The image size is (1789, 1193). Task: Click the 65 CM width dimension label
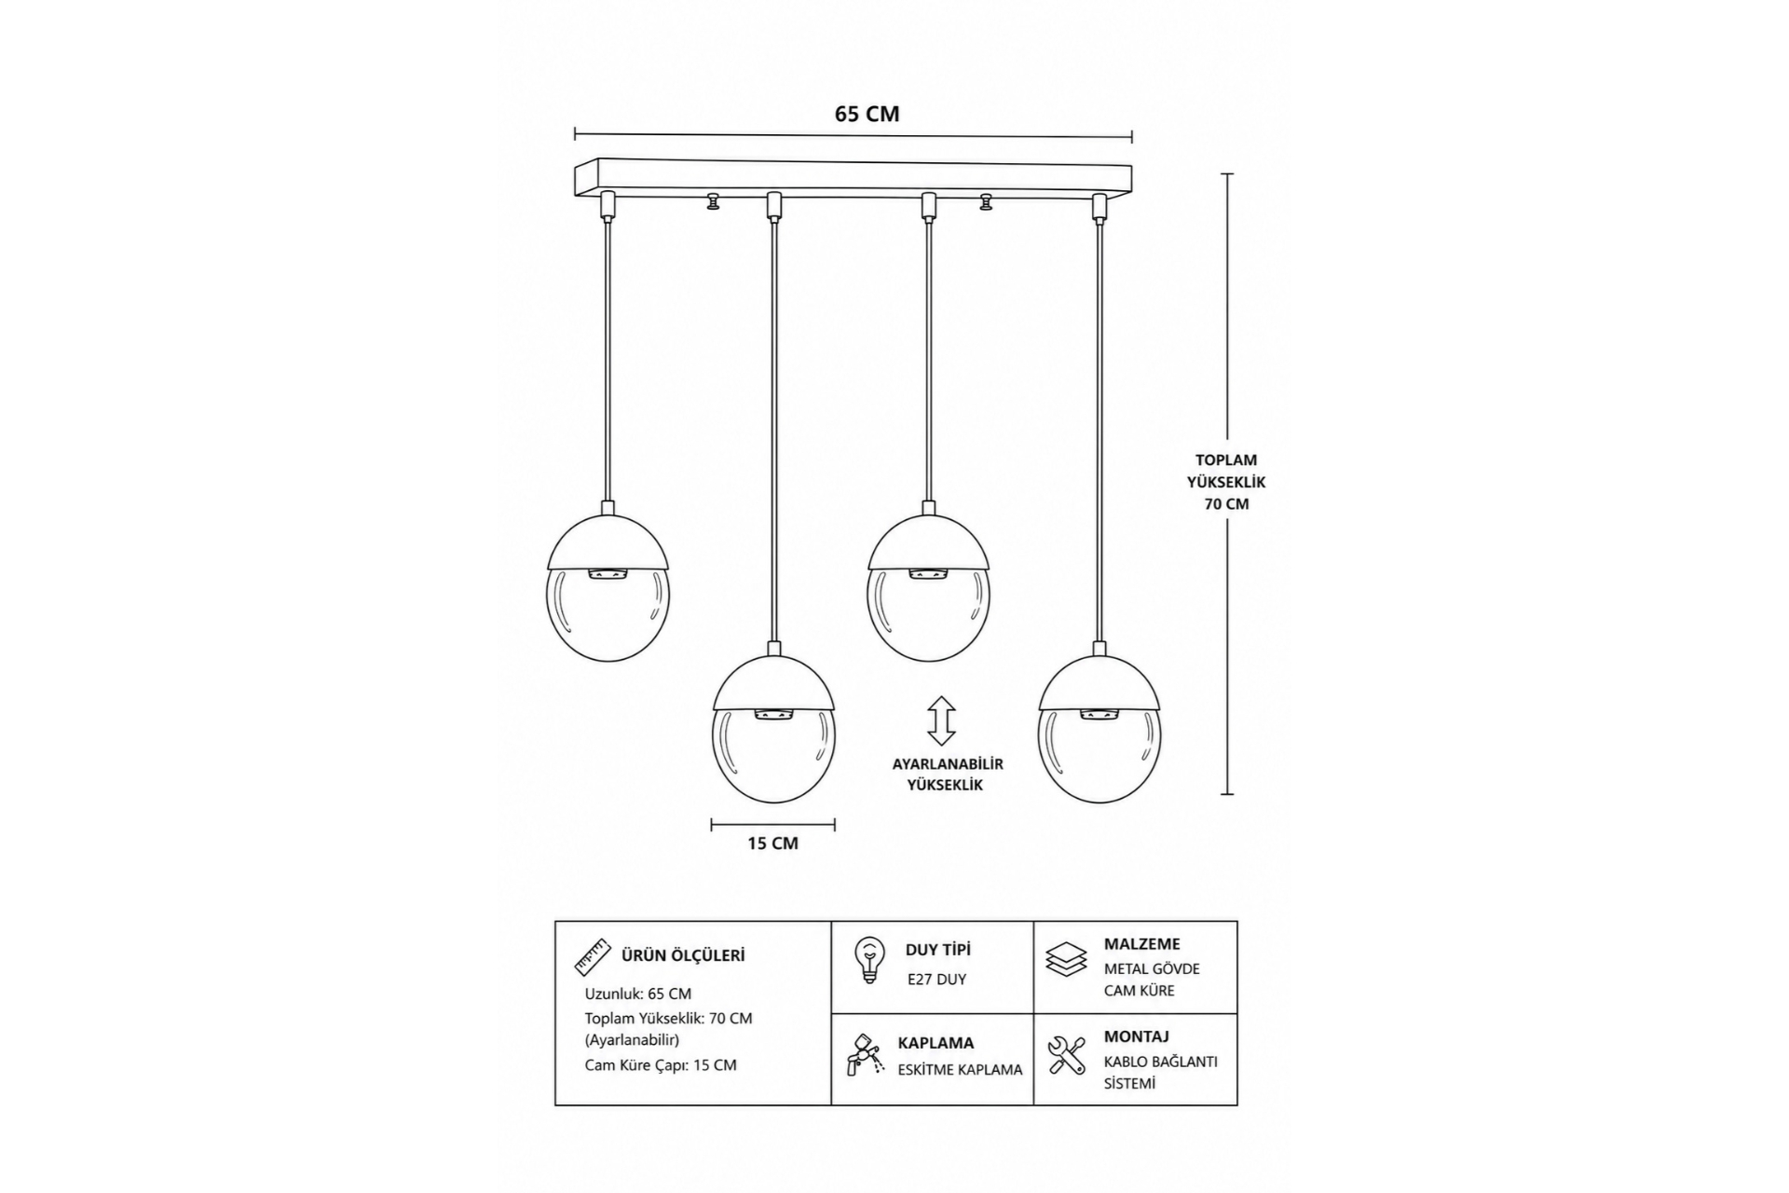coord(867,114)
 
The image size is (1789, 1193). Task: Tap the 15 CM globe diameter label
coord(772,843)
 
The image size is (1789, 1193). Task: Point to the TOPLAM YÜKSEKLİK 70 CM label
coord(1225,482)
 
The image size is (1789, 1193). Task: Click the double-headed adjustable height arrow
coord(941,720)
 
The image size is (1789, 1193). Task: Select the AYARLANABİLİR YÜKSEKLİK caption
coord(948,775)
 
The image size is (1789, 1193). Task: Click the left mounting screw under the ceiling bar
coord(714,200)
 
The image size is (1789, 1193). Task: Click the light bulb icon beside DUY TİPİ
coord(868,960)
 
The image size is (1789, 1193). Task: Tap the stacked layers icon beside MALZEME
coord(1066,959)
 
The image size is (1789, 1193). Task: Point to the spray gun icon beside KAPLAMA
coord(866,1053)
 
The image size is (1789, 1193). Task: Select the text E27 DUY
coord(936,980)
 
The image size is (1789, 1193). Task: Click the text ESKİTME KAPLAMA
coord(960,1070)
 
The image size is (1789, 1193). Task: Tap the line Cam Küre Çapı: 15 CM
coord(661,1065)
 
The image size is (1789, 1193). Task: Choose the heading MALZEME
coord(1141,944)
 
